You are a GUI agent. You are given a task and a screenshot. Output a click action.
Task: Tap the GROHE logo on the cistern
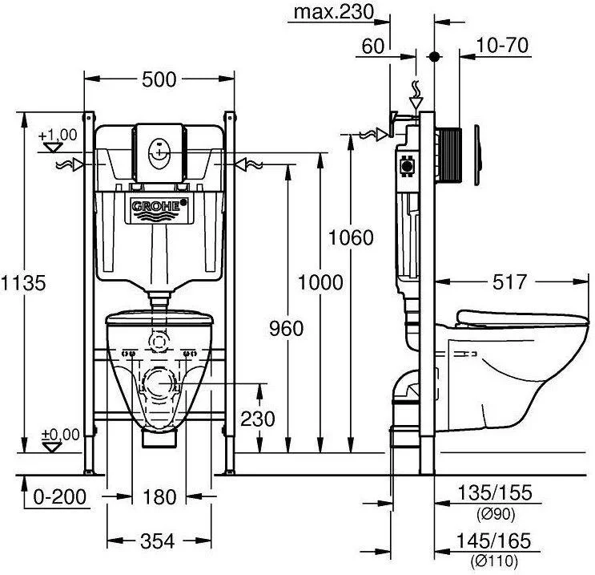(x=159, y=208)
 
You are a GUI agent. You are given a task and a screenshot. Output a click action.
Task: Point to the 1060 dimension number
(x=352, y=237)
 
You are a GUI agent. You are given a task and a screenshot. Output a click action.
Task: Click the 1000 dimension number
(x=320, y=282)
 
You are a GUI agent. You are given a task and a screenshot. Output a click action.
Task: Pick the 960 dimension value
(x=287, y=328)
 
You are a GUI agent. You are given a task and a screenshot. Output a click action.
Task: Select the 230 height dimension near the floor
(x=258, y=419)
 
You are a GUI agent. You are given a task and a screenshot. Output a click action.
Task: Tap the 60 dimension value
(x=372, y=46)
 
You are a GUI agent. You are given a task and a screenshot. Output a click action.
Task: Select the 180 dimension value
(x=159, y=497)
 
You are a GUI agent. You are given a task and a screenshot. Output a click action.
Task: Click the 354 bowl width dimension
(x=159, y=542)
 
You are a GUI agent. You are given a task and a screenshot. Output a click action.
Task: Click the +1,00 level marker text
(x=58, y=134)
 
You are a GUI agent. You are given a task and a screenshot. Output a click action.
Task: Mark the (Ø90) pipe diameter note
(x=493, y=513)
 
